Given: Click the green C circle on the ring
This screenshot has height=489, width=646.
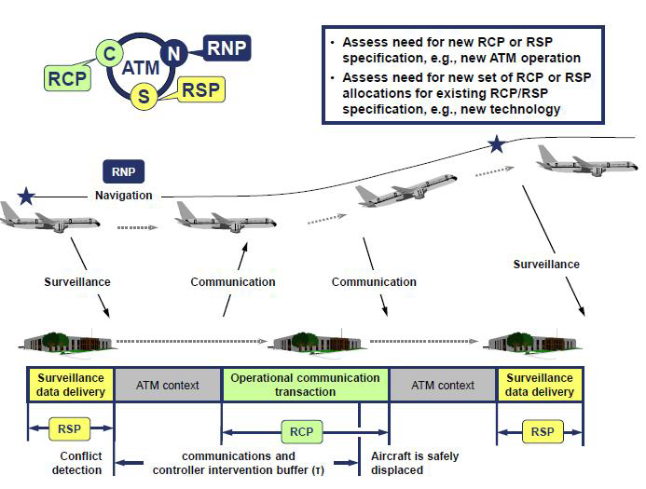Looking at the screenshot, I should point(110,55).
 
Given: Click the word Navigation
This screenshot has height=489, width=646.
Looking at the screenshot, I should point(123,196).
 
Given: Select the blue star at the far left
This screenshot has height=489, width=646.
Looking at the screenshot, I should point(26,197).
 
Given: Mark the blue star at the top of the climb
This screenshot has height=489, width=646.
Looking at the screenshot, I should point(497,144).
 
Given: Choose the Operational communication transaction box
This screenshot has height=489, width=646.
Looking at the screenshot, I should point(305,385).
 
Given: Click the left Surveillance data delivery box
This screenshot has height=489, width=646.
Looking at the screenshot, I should point(70,385).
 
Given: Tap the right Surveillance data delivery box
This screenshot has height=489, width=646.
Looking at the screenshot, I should point(540,385).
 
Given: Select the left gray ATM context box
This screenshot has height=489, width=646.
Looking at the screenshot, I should point(168,385).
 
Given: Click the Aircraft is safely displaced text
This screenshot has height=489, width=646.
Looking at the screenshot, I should point(415,463).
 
